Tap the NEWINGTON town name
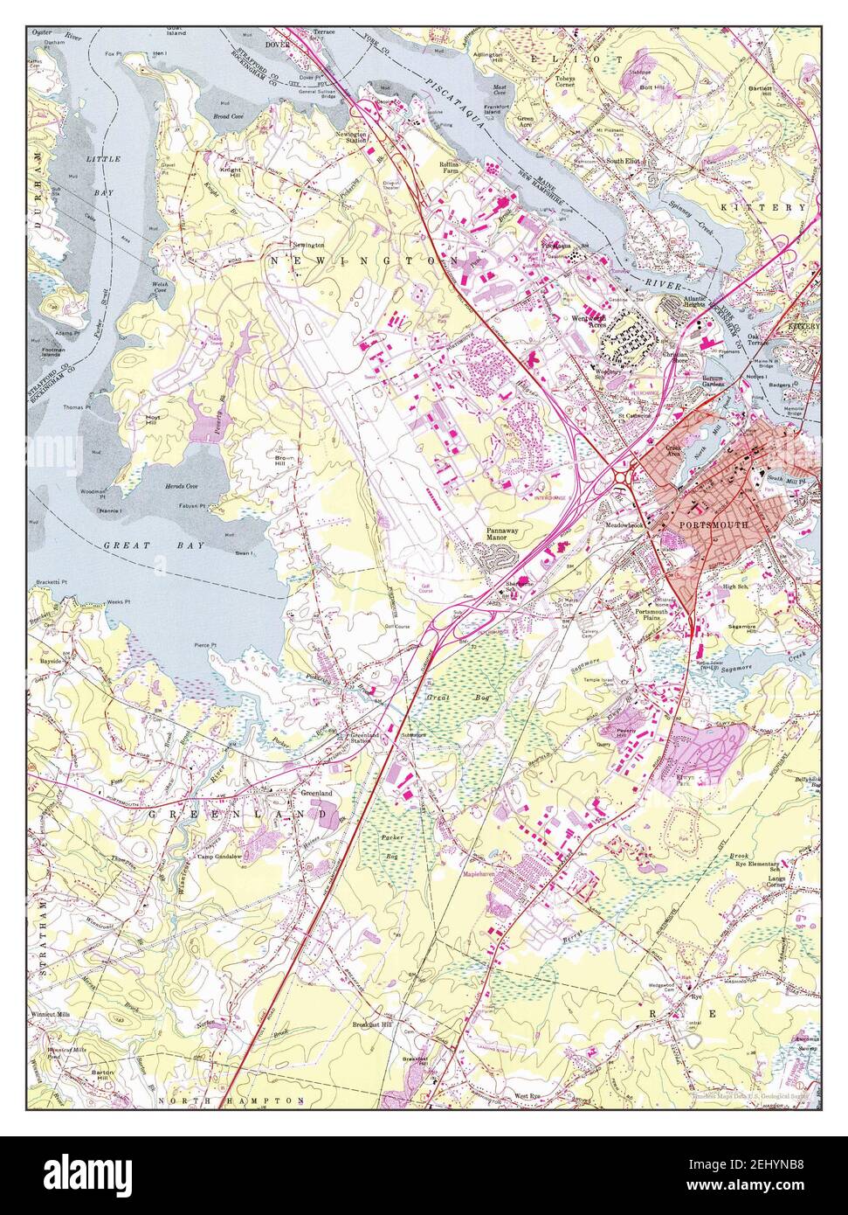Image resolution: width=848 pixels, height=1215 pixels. [x=364, y=261]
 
